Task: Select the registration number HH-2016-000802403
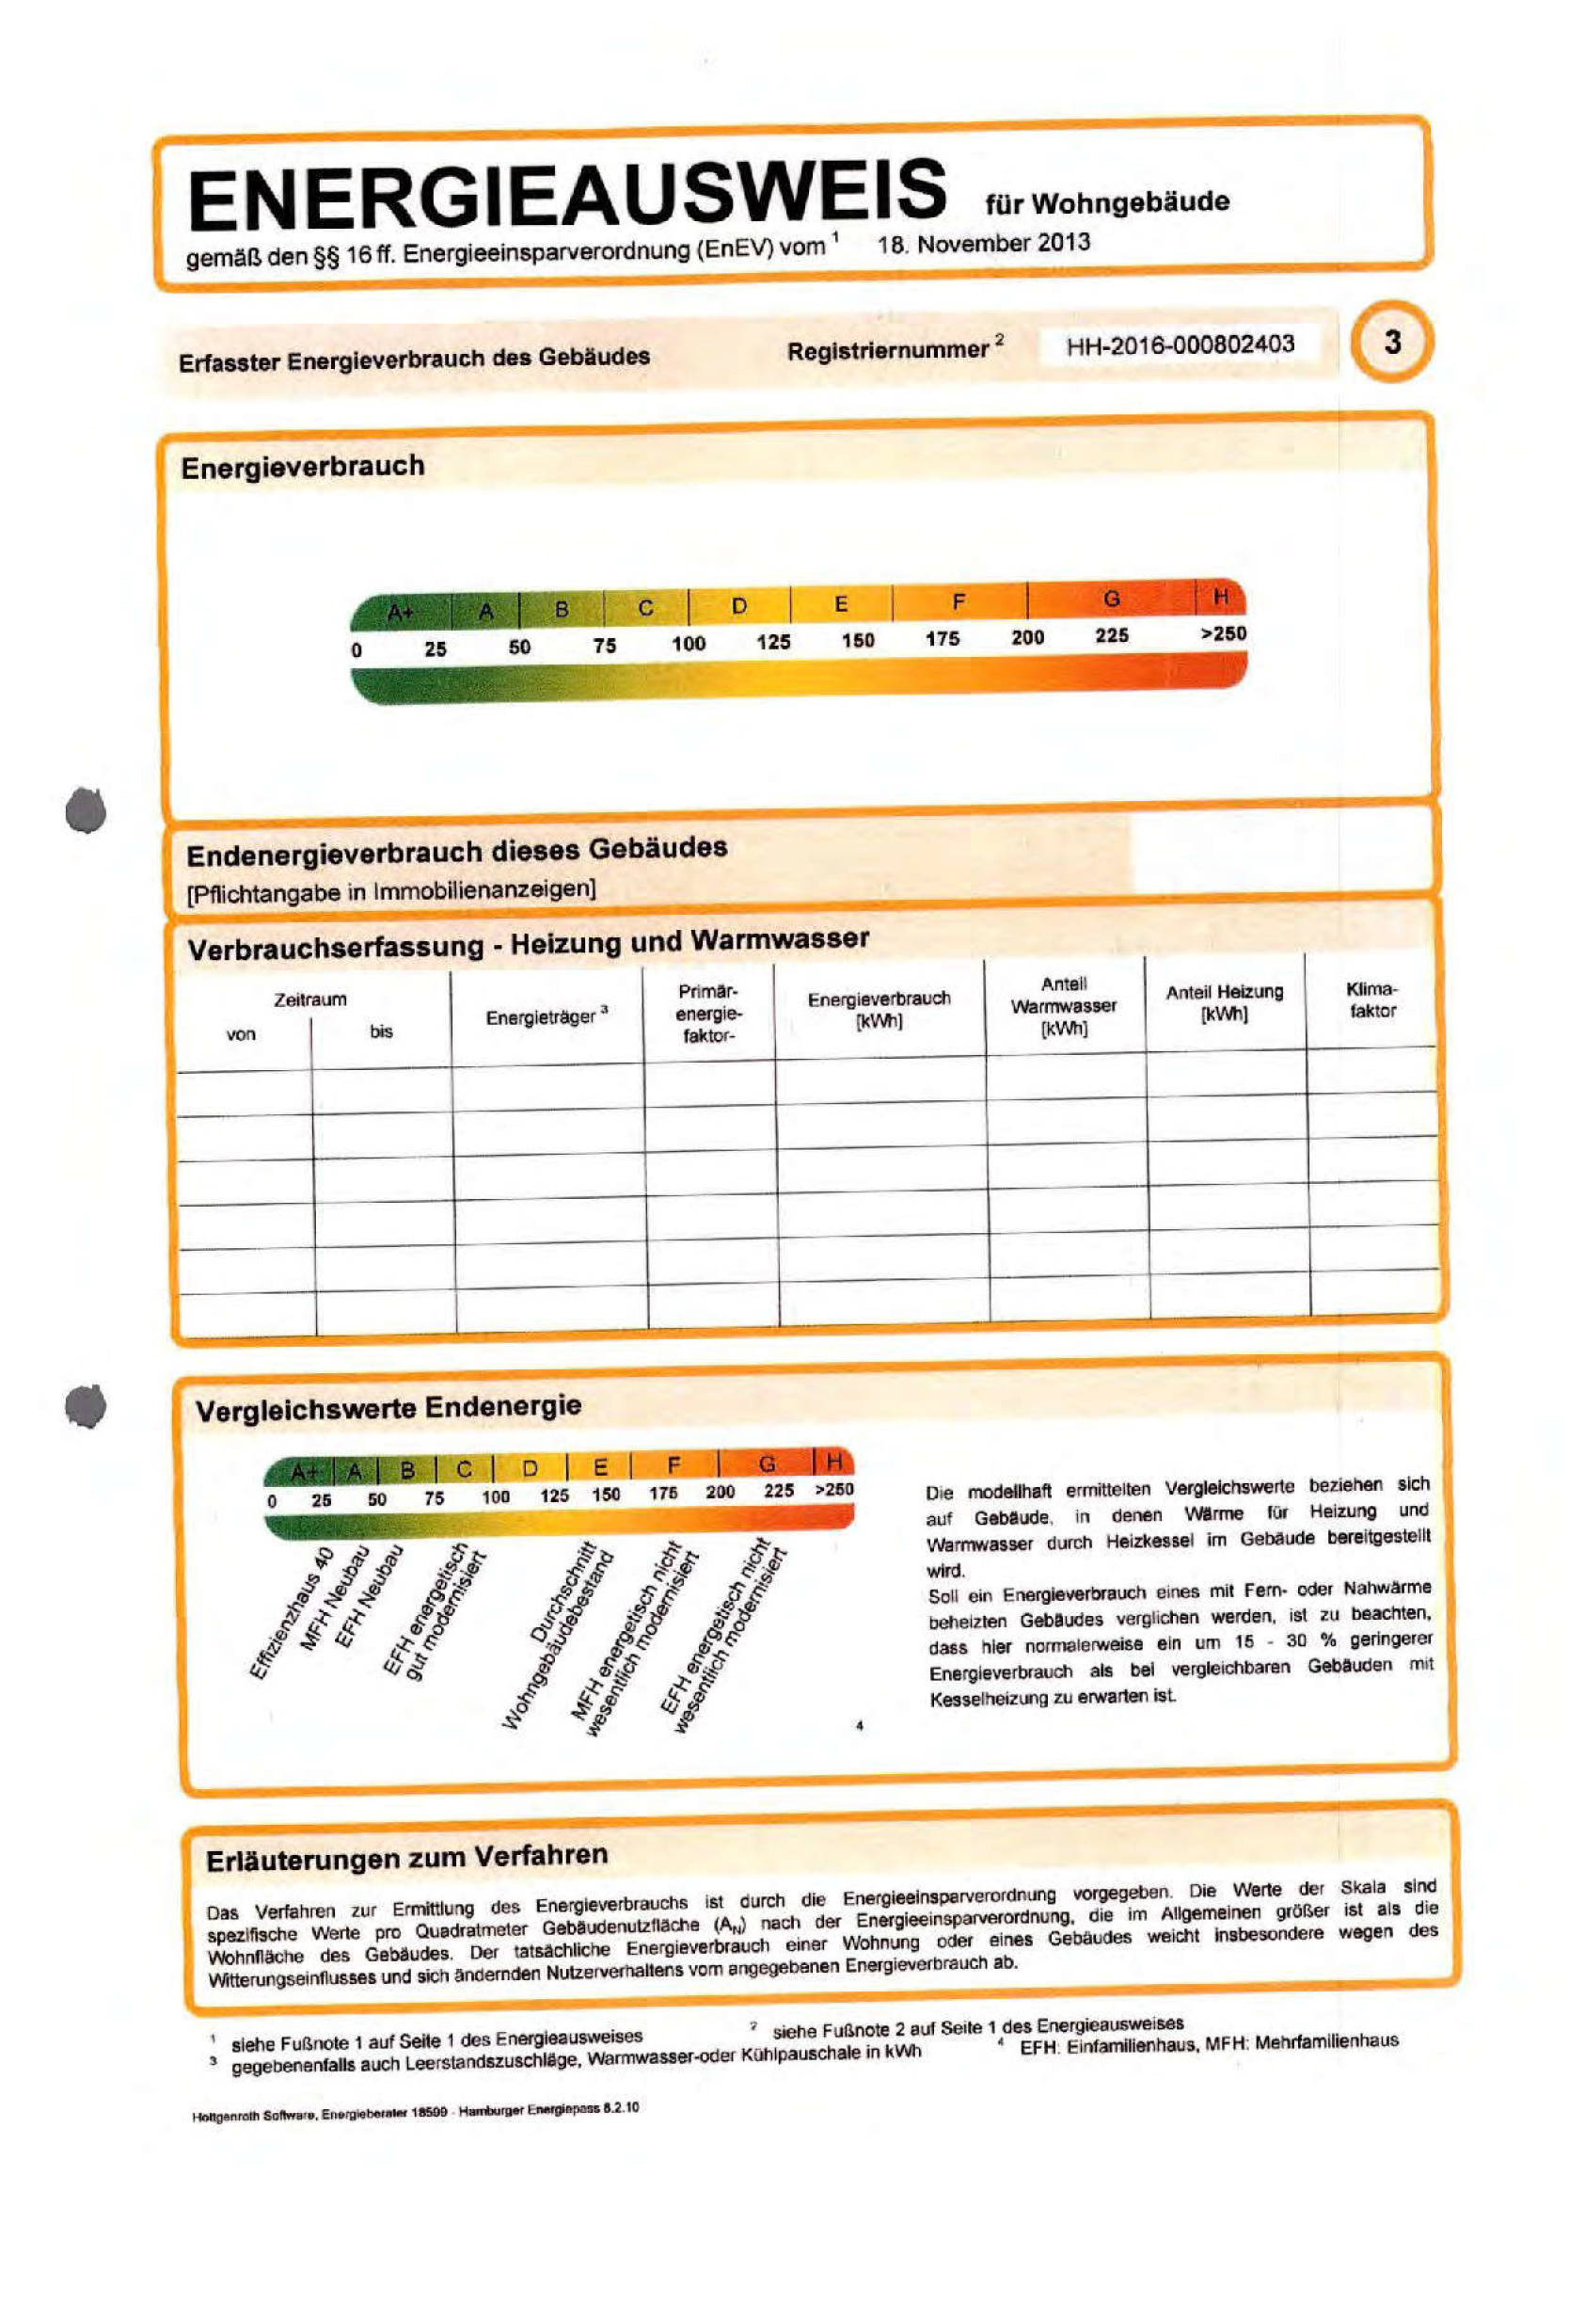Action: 1180,344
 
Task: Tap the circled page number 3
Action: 1392,343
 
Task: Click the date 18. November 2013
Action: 984,244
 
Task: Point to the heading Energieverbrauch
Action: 302,467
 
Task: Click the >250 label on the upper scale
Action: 1223,633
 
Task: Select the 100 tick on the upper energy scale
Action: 689,643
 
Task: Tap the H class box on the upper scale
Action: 1221,598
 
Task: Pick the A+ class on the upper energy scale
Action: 400,614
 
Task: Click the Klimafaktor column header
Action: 1371,1000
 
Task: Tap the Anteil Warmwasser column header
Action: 1064,1006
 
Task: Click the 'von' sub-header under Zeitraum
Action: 241,1034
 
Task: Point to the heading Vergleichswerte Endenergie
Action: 388,1407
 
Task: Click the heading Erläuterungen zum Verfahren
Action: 406,1857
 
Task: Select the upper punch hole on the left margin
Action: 87,809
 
